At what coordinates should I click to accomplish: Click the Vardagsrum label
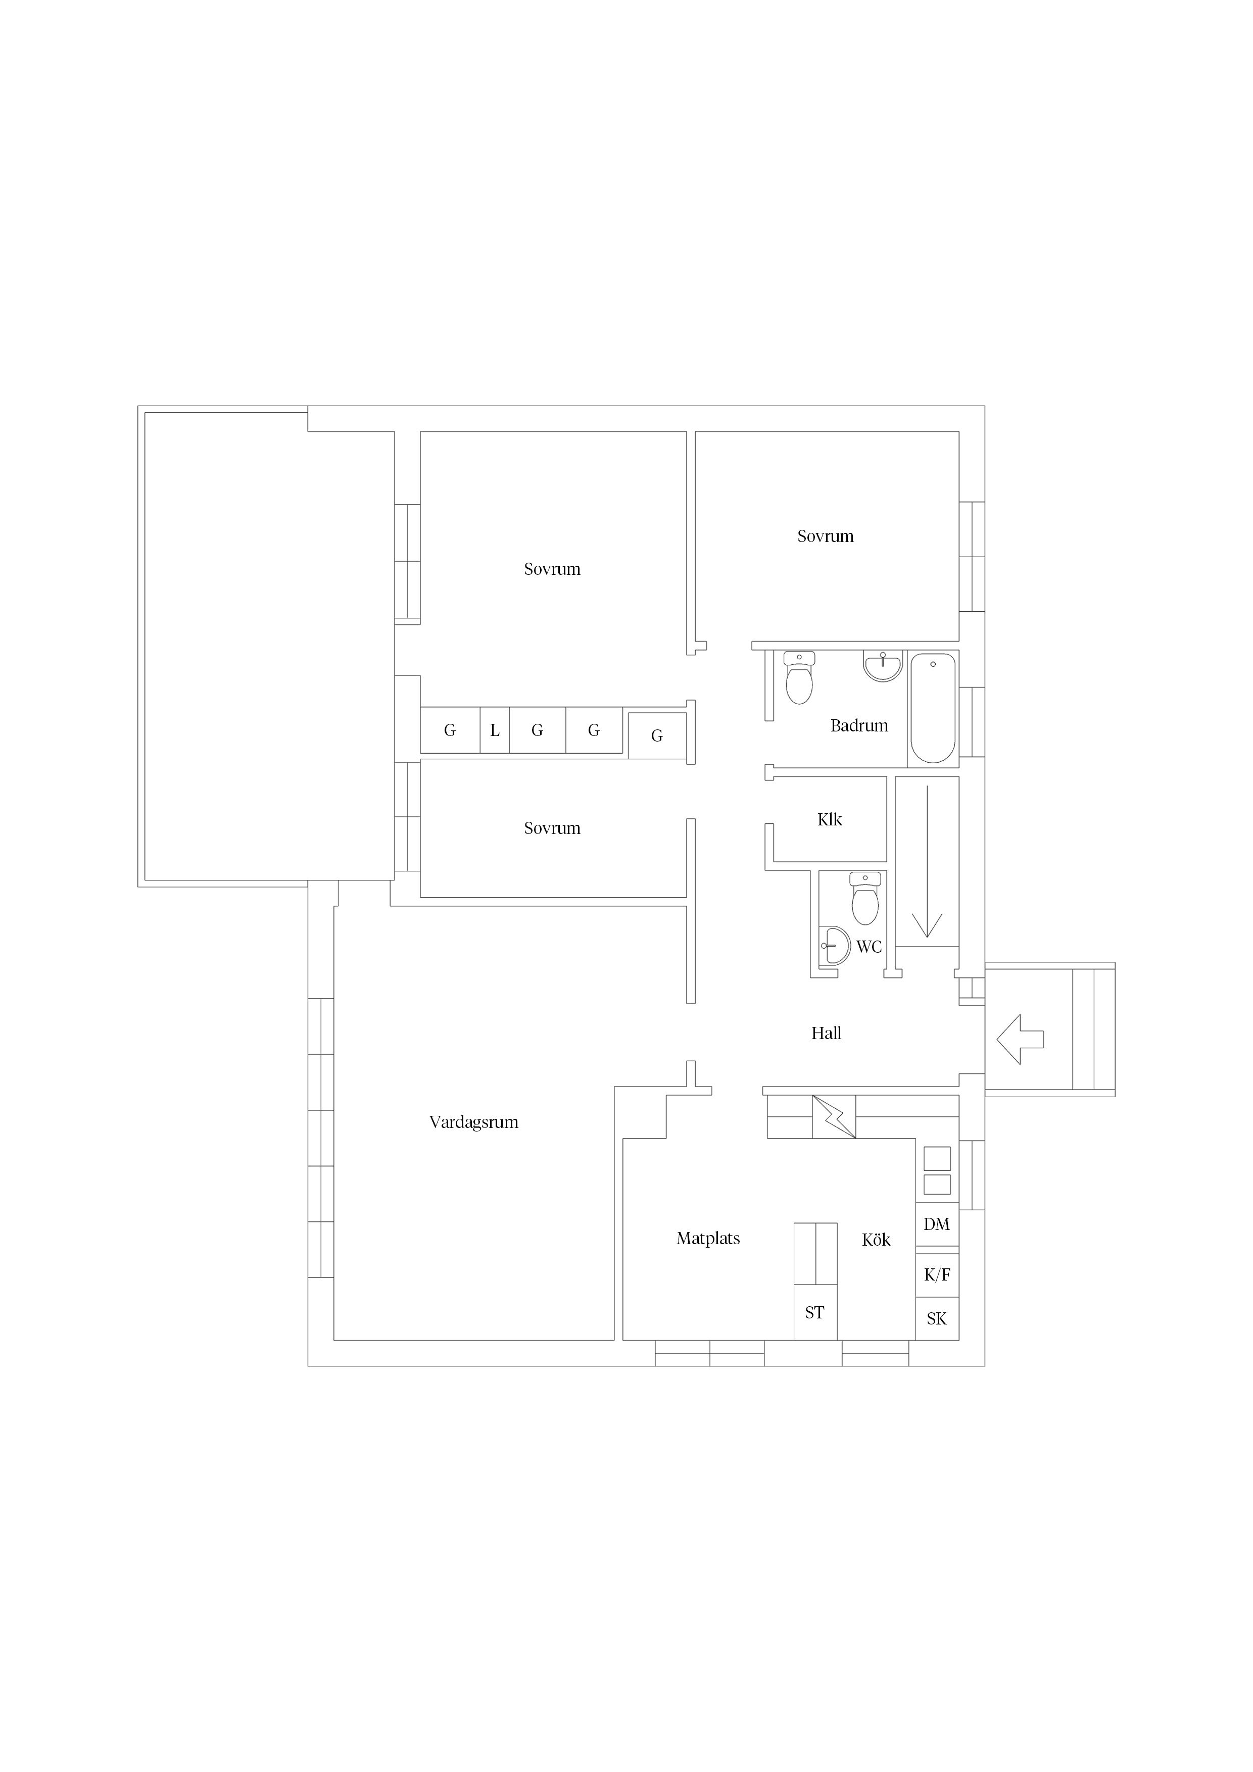(x=473, y=1122)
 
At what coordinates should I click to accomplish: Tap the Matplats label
(x=708, y=1238)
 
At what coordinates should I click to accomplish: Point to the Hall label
(x=826, y=1032)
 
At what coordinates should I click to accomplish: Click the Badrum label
(x=859, y=725)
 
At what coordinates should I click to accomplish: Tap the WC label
(x=870, y=947)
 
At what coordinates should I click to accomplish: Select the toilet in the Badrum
(x=799, y=677)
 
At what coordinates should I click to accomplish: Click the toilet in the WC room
(x=865, y=898)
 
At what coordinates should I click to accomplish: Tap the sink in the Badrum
(x=883, y=667)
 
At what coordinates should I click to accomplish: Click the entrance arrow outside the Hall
(x=1021, y=1040)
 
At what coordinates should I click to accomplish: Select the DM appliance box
(x=937, y=1224)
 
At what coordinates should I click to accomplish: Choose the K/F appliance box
(x=937, y=1275)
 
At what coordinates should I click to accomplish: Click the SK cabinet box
(x=937, y=1319)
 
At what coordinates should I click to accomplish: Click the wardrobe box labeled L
(x=495, y=730)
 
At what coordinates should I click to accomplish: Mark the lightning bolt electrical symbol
(x=834, y=1117)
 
